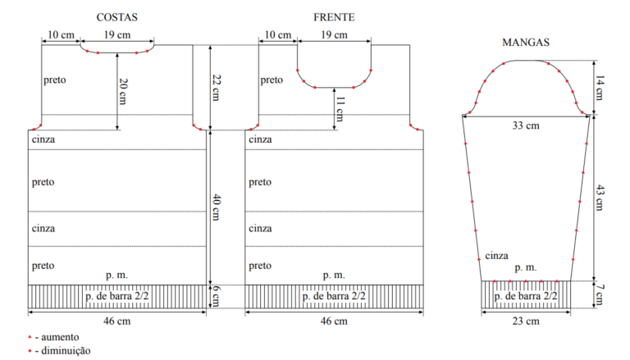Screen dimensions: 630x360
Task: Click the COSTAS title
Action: [x=117, y=17]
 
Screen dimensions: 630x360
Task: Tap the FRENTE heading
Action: [x=334, y=17]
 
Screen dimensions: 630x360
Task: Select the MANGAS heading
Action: [x=526, y=42]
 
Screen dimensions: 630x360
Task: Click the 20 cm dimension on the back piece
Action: [x=123, y=92]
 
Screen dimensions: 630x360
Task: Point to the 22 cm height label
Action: [x=216, y=88]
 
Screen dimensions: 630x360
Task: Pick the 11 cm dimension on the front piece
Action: [x=340, y=109]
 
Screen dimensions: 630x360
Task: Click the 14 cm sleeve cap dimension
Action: [x=600, y=88]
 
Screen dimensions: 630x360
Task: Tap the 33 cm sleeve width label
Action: [x=526, y=125]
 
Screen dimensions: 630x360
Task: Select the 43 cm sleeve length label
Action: [x=600, y=198]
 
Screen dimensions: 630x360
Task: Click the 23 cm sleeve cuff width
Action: [x=526, y=321]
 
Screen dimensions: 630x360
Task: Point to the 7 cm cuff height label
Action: [x=600, y=295]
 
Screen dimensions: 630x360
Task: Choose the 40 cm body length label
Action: [x=216, y=207]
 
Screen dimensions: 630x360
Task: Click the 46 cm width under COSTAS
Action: [x=117, y=321]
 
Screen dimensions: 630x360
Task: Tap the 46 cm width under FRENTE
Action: [x=334, y=321]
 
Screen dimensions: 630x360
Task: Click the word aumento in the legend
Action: [x=60, y=337]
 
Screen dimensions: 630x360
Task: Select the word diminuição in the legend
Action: [x=66, y=351]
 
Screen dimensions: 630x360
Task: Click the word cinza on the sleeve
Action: [x=496, y=256]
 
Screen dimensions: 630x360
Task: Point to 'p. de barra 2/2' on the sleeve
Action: [x=526, y=296]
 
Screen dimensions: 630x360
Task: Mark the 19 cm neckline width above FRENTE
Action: [x=334, y=35]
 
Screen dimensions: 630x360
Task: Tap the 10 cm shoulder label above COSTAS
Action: [x=61, y=35]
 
